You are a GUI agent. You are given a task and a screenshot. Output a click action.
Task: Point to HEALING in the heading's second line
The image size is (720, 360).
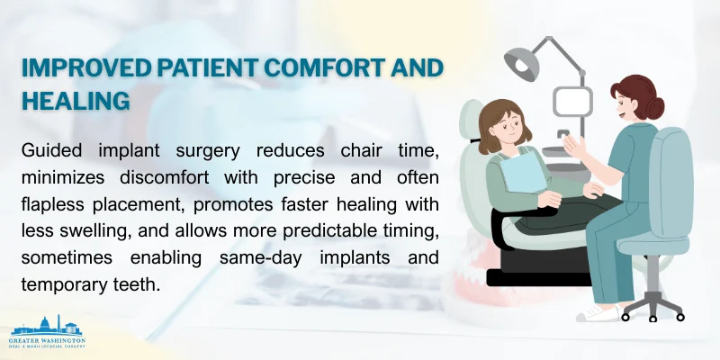point(76,101)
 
